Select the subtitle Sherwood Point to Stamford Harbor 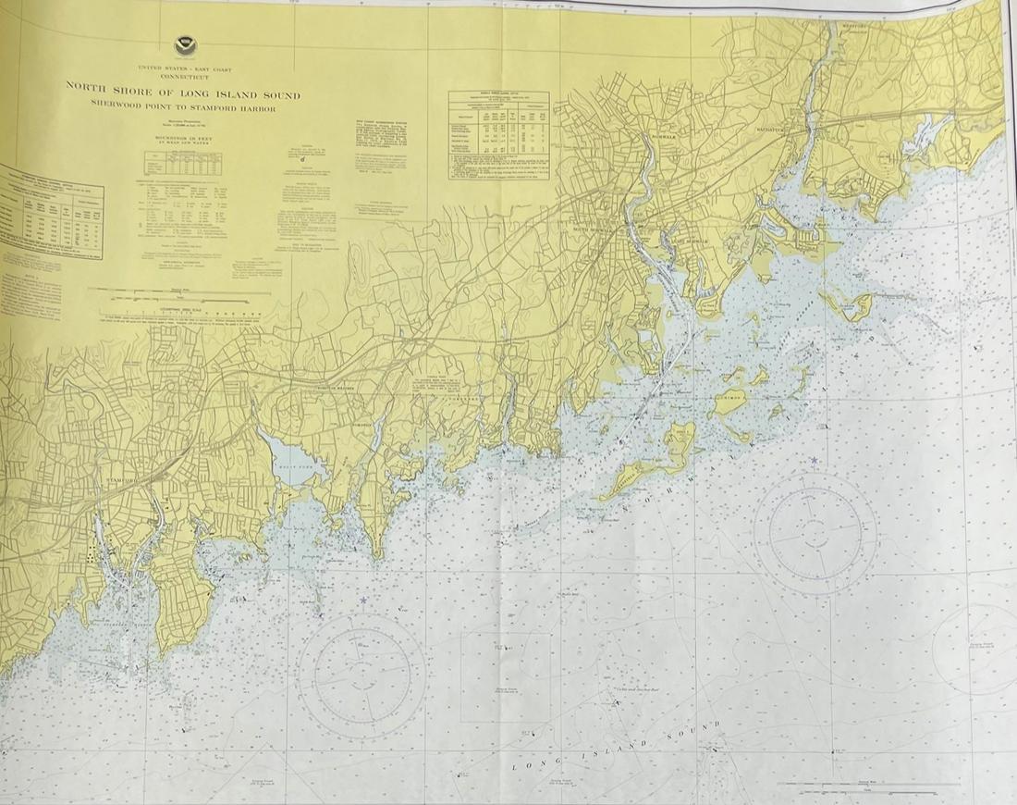pos(182,108)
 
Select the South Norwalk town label pos(594,229)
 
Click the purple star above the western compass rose pos(363,601)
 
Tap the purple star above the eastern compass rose pos(814,460)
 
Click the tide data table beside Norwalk pos(499,134)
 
